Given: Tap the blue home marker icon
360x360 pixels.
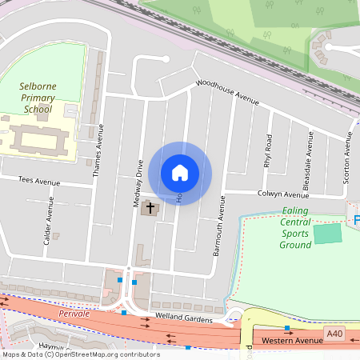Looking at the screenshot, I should coord(180,173).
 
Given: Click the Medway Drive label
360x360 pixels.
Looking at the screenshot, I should coord(138,184).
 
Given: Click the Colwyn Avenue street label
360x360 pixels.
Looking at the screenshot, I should coord(282,194).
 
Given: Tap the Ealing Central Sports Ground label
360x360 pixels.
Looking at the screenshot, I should coord(295,228).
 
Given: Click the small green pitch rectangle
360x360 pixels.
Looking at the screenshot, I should coord(326,234).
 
